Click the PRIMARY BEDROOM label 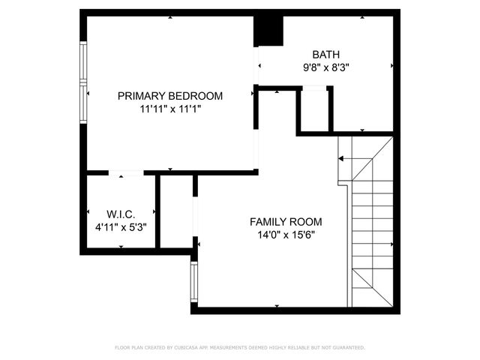point(170,95)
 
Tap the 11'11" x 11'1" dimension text point(170,109)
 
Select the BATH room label point(326,54)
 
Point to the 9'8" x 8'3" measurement point(326,67)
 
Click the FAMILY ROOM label point(286,221)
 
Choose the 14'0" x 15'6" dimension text point(286,235)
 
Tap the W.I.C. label point(121,214)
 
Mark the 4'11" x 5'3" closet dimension point(121,226)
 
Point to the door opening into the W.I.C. point(125,173)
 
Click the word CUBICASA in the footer point(190,348)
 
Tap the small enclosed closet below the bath point(315,110)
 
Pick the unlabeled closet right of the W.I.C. point(177,214)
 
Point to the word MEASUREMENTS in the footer point(235,348)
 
